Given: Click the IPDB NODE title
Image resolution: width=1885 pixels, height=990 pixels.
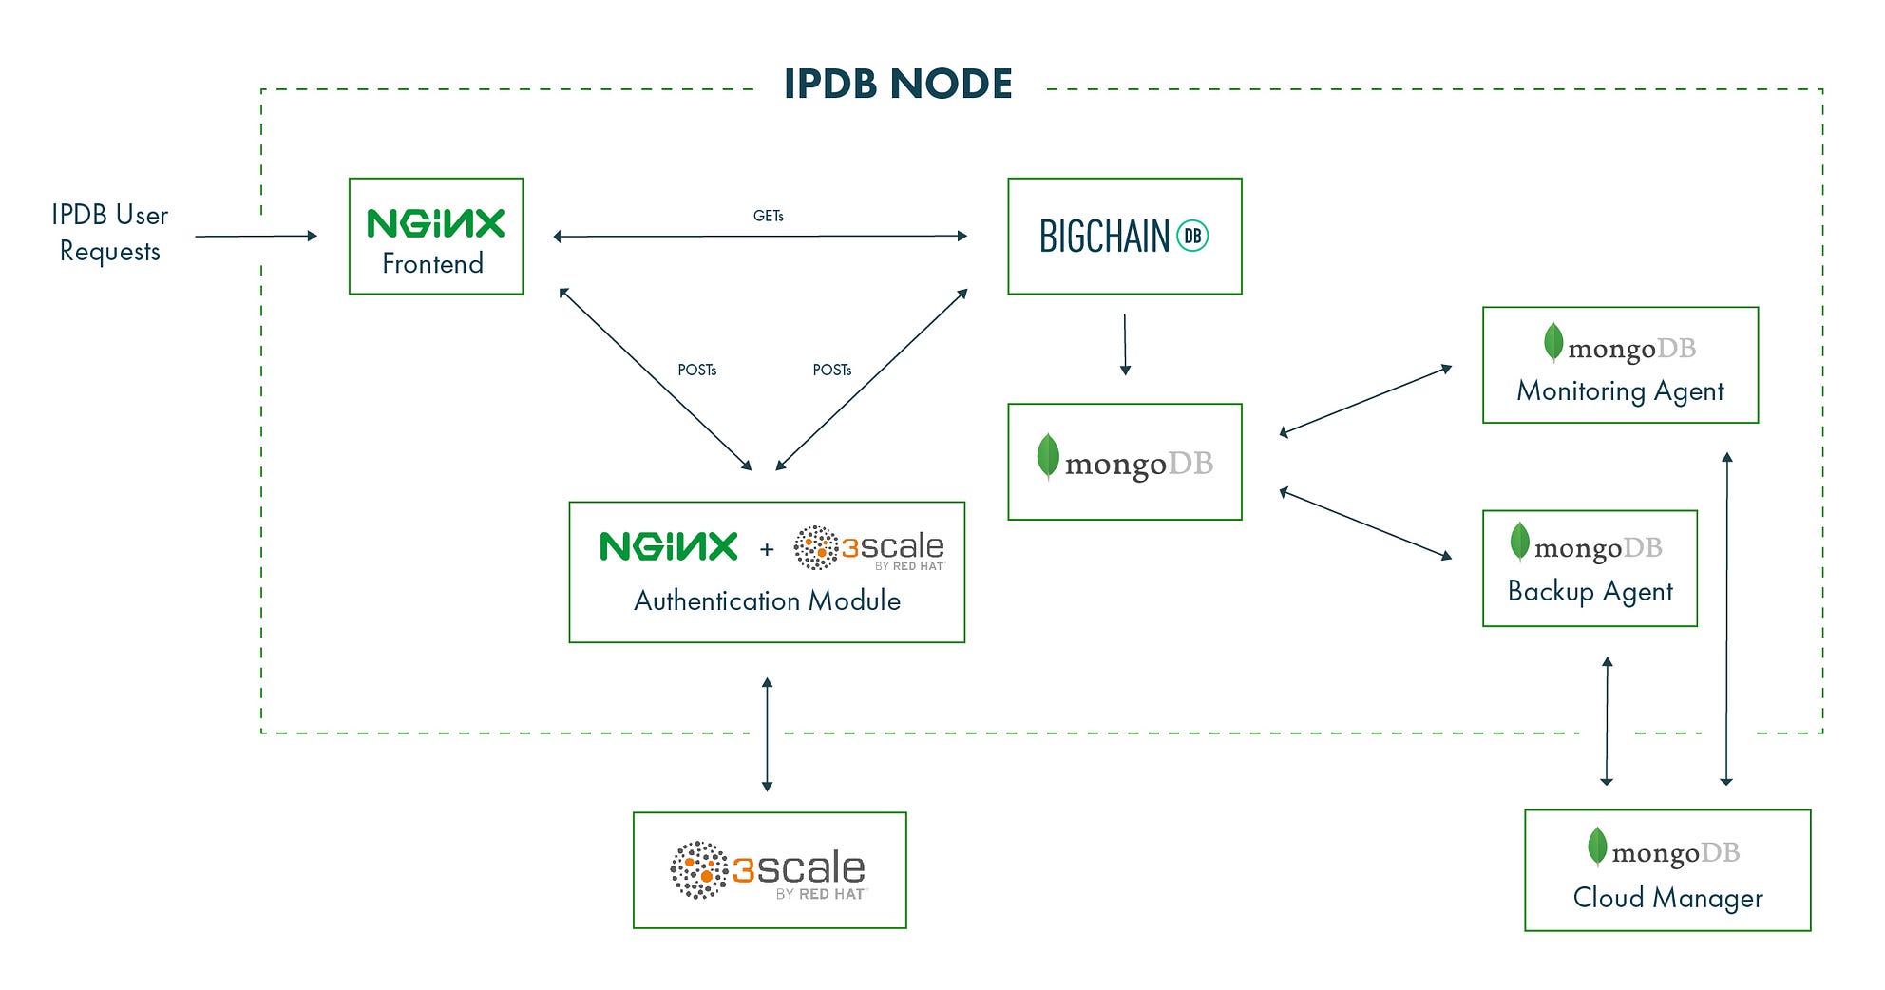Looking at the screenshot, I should pos(898,85).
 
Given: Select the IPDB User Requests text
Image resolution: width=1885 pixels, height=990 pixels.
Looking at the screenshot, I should pos(109,233).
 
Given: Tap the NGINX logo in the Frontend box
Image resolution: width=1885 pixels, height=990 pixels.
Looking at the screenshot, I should pos(435,223).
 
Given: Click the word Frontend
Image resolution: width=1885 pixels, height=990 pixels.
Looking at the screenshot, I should pos(432,263).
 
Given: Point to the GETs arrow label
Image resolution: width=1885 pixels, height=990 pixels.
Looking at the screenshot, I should pos(768,216).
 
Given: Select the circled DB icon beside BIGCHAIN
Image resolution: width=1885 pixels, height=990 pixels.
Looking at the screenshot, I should pos(1192,236).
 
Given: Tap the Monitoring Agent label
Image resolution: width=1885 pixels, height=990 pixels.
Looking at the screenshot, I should pos(1620,390).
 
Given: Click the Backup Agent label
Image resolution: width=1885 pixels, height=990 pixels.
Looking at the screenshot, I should pos(1590,591).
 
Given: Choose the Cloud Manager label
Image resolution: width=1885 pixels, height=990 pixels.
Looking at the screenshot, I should pos(1667,897).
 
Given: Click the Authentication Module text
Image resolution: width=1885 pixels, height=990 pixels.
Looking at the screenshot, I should pos(767,600).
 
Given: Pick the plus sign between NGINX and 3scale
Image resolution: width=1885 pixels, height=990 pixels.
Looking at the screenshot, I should pos(767,549).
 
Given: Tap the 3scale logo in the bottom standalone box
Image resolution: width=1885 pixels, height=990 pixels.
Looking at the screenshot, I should pos(769,870).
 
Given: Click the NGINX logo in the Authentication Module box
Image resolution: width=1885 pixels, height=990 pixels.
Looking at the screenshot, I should pos(668,546).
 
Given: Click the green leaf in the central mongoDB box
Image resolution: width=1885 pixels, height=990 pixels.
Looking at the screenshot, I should pos(1047,456).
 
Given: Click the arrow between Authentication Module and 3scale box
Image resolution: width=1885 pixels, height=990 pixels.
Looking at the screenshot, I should pos(767,733).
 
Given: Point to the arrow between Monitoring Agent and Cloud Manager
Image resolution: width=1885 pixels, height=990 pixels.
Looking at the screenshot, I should pos(1726,618).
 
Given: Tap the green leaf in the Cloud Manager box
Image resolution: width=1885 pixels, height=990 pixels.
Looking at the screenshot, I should pos(1597,846).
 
